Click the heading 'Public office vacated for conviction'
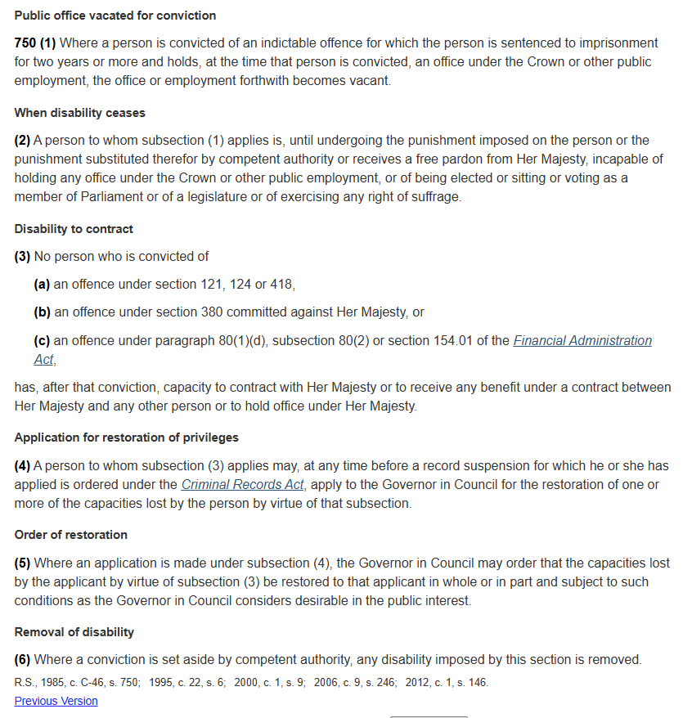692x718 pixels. click(x=115, y=16)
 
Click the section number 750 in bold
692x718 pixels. click(x=25, y=43)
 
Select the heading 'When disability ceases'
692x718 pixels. click(x=79, y=113)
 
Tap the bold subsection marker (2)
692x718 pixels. click(x=22, y=140)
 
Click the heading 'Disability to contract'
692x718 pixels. click(x=74, y=229)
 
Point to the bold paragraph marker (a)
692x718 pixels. click(x=42, y=285)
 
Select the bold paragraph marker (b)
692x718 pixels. click(x=42, y=312)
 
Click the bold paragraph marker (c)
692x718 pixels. click(x=42, y=340)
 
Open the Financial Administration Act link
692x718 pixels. click(x=582, y=340)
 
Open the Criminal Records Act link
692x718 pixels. click(x=242, y=484)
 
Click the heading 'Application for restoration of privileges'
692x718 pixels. click(x=127, y=438)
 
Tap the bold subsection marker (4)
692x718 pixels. click(x=22, y=465)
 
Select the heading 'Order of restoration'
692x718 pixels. click(x=71, y=535)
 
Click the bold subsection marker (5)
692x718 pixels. click(x=22, y=563)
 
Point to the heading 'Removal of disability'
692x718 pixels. click(x=74, y=632)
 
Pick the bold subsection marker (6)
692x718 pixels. click(x=22, y=660)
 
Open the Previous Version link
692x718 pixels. click(x=56, y=701)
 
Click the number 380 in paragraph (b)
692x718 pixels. click(x=212, y=312)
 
